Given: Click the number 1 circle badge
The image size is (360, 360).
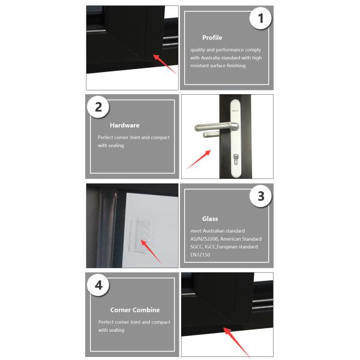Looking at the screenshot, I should coord(260,19).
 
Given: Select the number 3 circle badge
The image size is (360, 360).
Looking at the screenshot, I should coord(260,196).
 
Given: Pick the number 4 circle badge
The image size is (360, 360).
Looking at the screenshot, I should coord(98,284).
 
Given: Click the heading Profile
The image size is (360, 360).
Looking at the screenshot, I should coord(212,38).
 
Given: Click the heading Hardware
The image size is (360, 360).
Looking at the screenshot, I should coord(124,125).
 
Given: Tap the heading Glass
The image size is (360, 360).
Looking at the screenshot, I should coord(210,219).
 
